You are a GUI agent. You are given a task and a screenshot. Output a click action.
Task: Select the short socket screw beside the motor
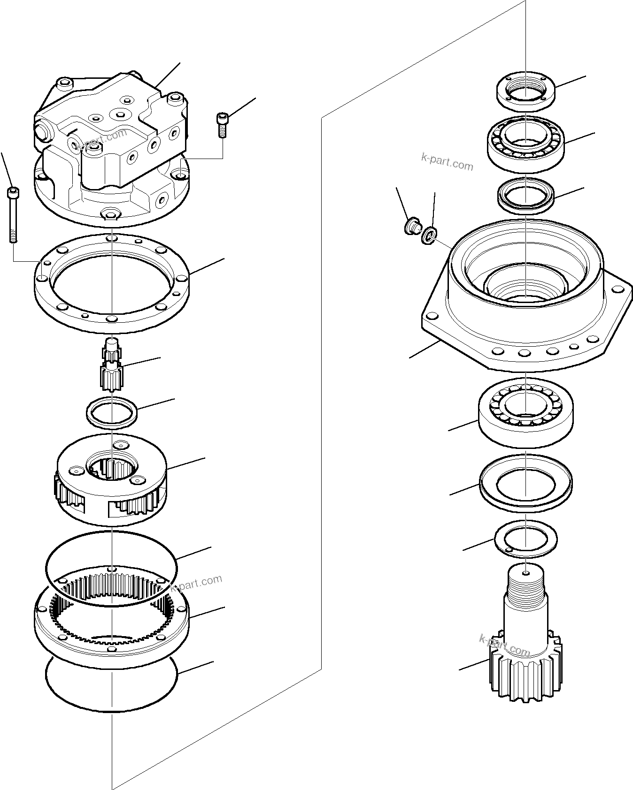click(221, 124)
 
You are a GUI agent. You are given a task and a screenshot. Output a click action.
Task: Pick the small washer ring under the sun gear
click(112, 412)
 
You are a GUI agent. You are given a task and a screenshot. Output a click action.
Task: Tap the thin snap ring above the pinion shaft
click(525, 539)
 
